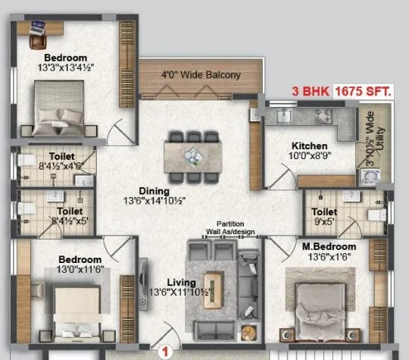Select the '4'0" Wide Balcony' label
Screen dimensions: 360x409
point(201,75)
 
